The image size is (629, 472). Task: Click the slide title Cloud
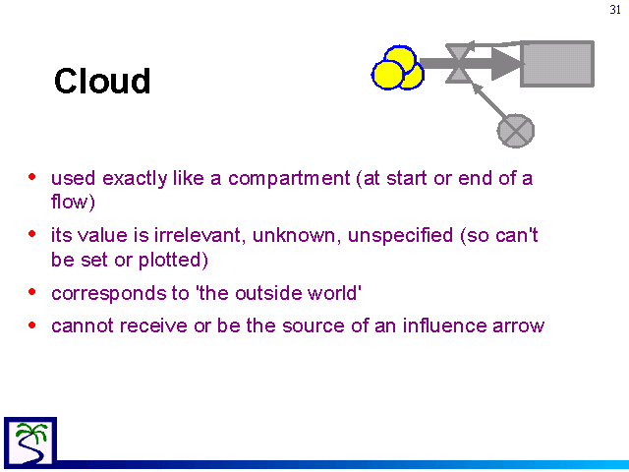[102, 81]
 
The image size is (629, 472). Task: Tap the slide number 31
[615, 10]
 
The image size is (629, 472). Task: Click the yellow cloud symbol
[397, 68]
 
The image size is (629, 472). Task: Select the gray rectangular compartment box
[557, 63]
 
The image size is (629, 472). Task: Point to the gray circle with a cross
[516, 131]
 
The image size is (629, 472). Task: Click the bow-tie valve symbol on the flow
[458, 63]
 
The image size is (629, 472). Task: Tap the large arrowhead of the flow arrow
[507, 63]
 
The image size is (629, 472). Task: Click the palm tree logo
[30, 442]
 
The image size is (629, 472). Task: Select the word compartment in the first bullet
[289, 178]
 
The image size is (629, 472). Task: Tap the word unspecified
[400, 236]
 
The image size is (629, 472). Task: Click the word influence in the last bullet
[444, 325]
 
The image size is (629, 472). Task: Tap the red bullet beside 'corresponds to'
[32, 292]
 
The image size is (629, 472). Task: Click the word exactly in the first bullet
[135, 179]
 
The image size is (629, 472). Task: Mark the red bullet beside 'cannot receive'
[32, 324]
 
